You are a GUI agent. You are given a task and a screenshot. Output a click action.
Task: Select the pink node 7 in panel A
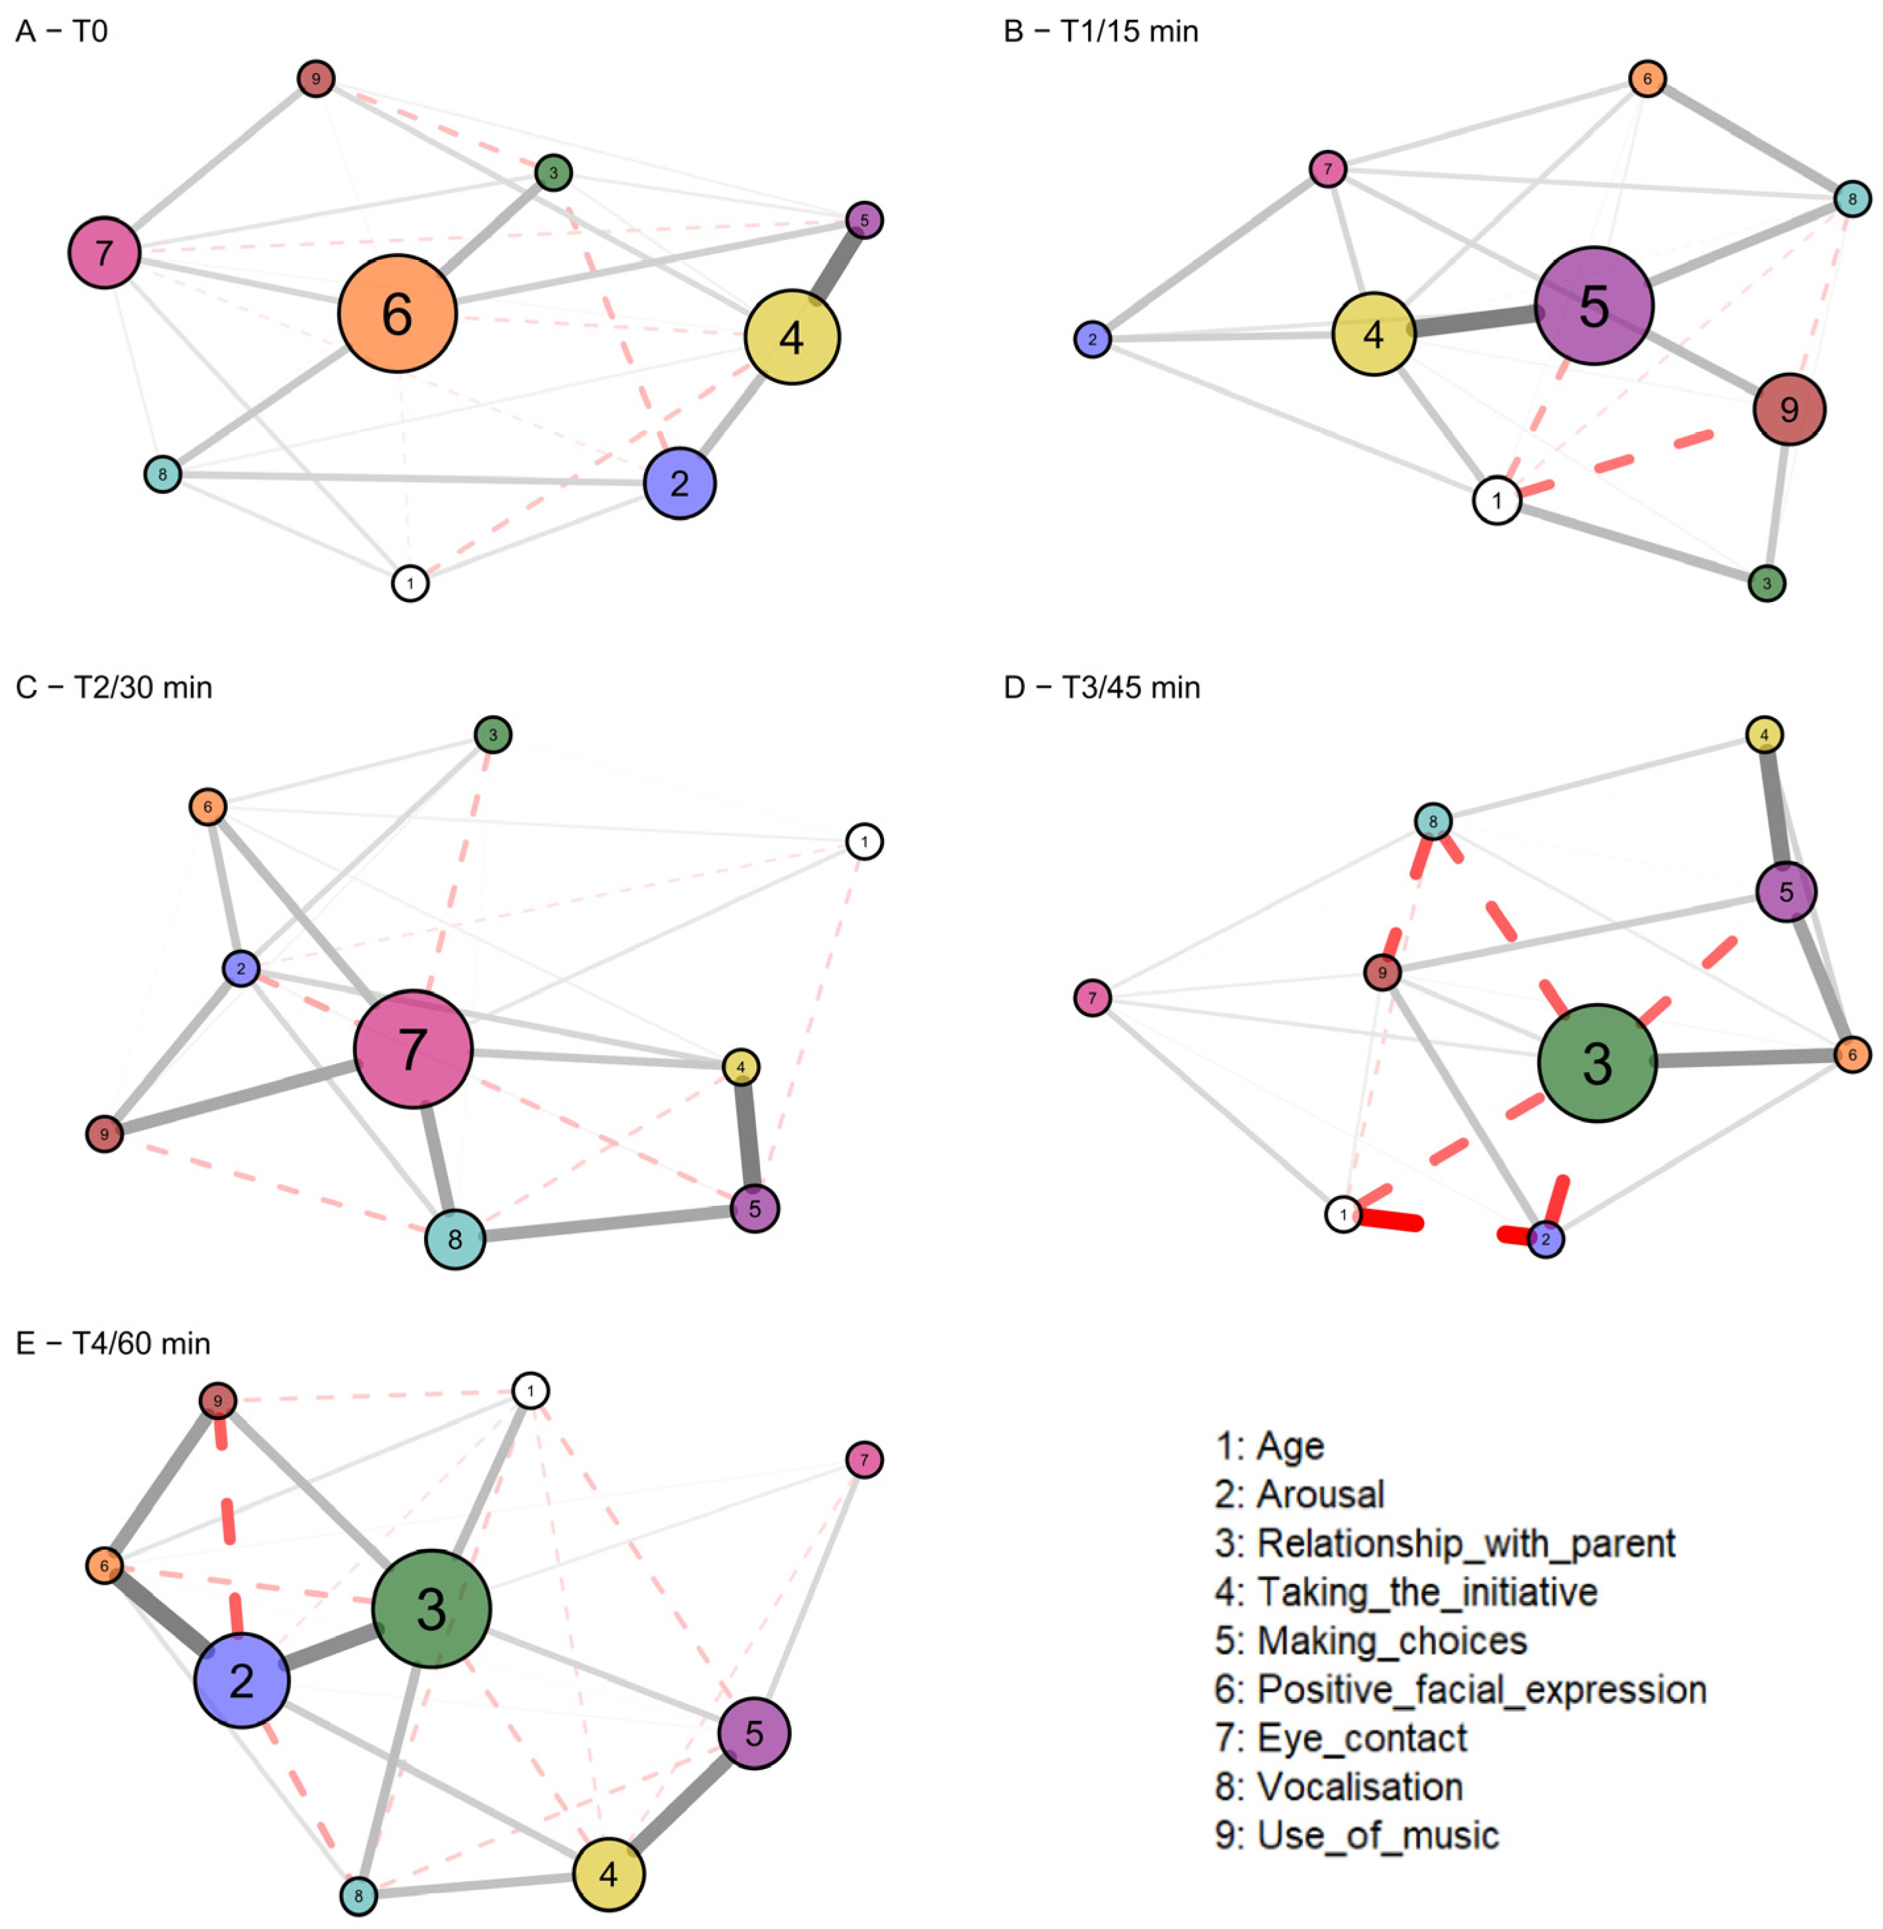pos(105,252)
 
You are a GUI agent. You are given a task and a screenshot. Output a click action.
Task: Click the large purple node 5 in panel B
pos(1593,306)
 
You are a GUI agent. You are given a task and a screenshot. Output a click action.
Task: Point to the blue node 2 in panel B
pos(1092,339)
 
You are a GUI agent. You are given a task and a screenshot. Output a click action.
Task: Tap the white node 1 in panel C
pos(864,842)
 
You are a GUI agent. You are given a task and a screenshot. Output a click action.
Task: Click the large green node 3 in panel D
pos(1597,1063)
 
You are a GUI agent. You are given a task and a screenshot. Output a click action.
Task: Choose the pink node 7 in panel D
pos(1092,998)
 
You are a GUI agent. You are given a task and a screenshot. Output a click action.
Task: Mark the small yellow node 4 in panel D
pos(1764,734)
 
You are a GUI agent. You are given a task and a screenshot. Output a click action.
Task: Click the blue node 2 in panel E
pos(241,1680)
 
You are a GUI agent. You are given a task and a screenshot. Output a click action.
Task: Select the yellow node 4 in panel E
pos(608,1874)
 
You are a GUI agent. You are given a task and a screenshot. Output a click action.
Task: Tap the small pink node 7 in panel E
pos(864,1459)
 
